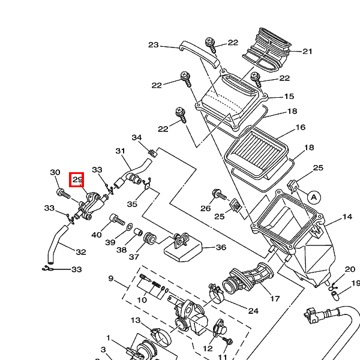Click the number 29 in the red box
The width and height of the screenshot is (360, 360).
pyautogui.click(x=77, y=179)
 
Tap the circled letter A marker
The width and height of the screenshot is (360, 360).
pyautogui.click(x=313, y=196)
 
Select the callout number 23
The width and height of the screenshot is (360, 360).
pyautogui.click(x=153, y=45)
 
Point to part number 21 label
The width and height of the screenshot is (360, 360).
pyautogui.click(x=308, y=52)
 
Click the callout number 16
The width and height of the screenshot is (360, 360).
pyautogui.click(x=301, y=127)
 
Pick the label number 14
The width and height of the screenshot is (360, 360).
pyautogui.click(x=347, y=217)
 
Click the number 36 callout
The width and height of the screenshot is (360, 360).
pyautogui.click(x=221, y=247)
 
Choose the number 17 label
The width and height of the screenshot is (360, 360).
pyautogui.click(x=275, y=299)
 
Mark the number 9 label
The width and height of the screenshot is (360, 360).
pyautogui.click(x=111, y=278)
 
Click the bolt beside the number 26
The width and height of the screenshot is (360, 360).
pyautogui.click(x=218, y=194)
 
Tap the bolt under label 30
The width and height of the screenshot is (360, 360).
pyautogui.click(x=62, y=192)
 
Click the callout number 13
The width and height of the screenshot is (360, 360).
pyautogui.click(x=136, y=321)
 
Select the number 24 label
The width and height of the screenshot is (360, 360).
pyautogui.click(x=253, y=311)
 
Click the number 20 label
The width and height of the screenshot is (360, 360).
pyautogui.click(x=350, y=270)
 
